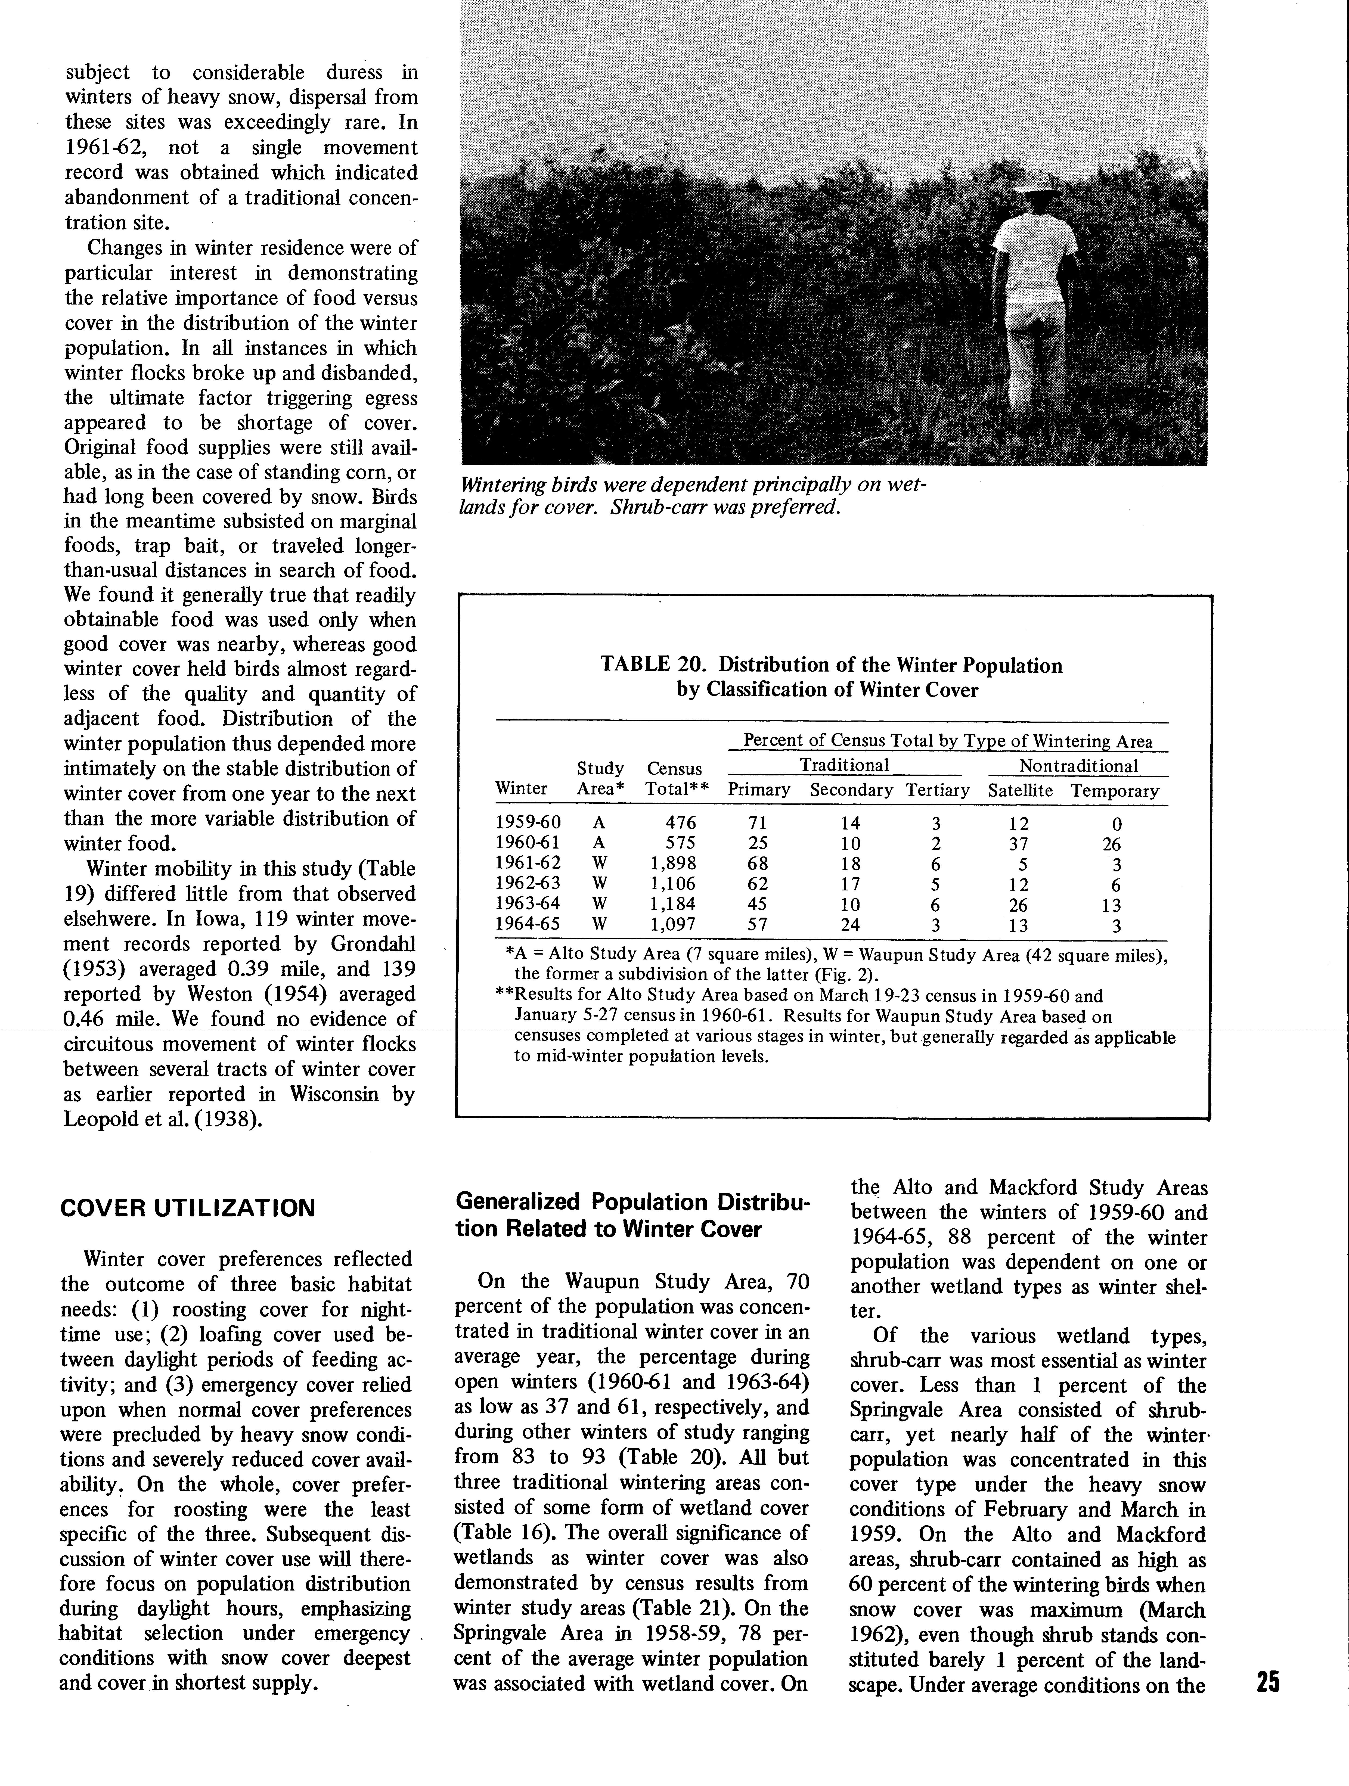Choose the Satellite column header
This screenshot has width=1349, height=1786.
(x=1020, y=791)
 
